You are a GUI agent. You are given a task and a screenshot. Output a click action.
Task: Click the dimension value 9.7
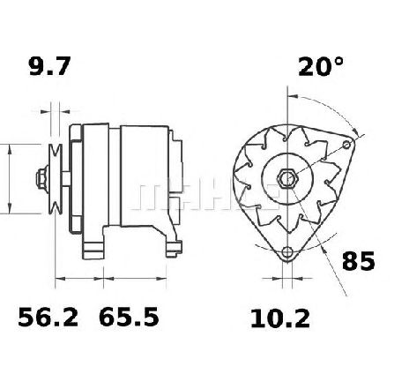pyautogui.click(x=49, y=66)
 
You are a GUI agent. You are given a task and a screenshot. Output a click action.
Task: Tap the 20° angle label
pyautogui.click(x=321, y=66)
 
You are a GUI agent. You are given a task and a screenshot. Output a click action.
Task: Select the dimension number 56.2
pyautogui.click(x=48, y=318)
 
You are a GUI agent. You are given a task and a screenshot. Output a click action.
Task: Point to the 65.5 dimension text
pyautogui.click(x=129, y=317)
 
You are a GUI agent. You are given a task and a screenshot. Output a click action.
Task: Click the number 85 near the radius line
pyautogui.click(x=359, y=261)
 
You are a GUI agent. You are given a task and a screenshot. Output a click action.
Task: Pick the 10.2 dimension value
pyautogui.click(x=280, y=319)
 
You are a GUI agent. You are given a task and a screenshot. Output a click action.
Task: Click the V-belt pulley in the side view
pyautogui.click(x=56, y=179)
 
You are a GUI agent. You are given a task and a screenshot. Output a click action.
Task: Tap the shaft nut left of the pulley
pyautogui.click(x=42, y=179)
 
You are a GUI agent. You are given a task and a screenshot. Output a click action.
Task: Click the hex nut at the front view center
pyautogui.click(x=288, y=179)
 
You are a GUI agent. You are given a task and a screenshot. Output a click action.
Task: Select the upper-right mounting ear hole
pyautogui.click(x=347, y=145)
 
